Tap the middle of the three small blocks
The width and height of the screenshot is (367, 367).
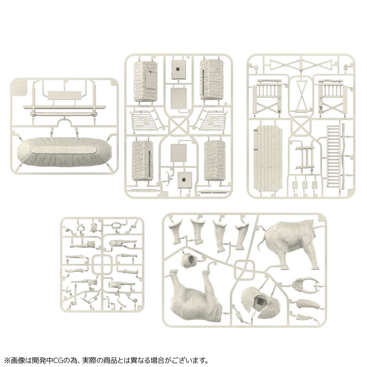pos(305,185)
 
